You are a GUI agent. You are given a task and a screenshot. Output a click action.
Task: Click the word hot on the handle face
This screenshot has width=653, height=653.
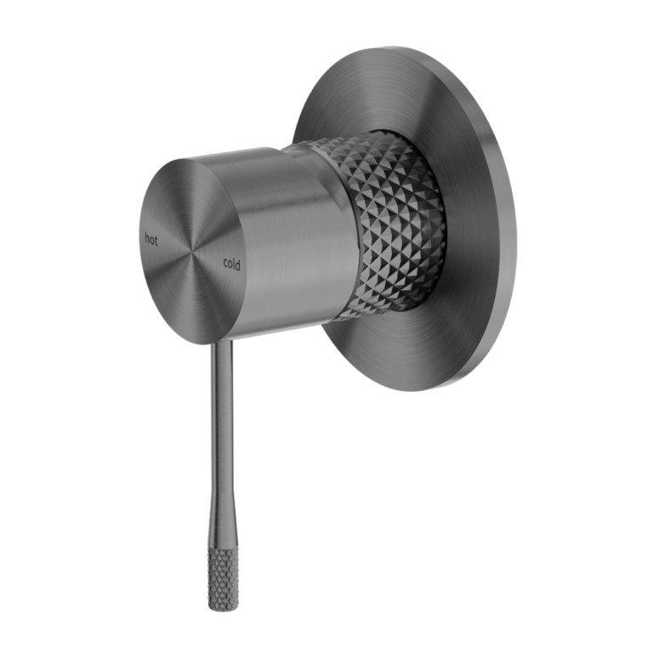(150, 240)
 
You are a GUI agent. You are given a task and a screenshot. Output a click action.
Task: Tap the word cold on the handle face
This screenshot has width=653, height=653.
(231, 264)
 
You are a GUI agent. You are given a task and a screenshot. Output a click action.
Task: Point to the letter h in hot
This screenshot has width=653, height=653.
(146, 240)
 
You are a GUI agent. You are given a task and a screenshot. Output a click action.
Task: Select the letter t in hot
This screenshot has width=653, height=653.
(156, 241)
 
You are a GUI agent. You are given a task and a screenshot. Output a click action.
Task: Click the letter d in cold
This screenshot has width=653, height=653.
(238, 264)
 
